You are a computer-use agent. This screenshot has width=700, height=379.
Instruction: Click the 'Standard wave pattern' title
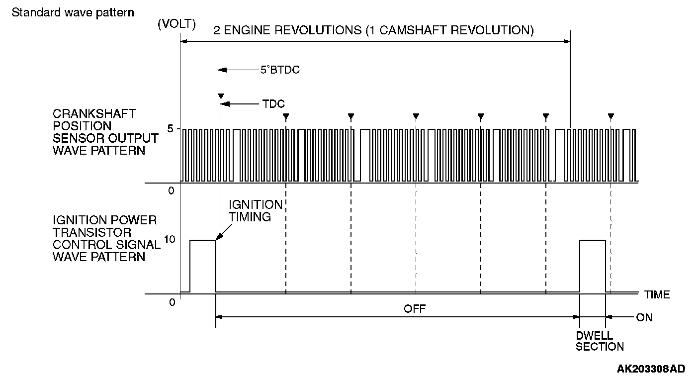click(x=73, y=12)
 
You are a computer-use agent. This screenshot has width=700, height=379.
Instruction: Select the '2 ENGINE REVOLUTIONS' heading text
click(x=373, y=30)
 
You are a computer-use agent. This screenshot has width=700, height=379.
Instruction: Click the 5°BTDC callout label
click(x=280, y=70)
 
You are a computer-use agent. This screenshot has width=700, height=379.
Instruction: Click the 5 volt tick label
click(x=170, y=129)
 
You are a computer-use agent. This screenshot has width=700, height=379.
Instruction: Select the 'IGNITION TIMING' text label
click(x=255, y=211)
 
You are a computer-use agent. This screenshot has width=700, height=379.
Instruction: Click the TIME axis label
click(x=657, y=294)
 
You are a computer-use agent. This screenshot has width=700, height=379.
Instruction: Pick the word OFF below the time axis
click(x=415, y=308)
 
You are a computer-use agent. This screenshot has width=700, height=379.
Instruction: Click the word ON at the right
click(x=644, y=317)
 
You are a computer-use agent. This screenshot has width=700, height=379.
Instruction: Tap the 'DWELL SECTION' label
click(x=600, y=341)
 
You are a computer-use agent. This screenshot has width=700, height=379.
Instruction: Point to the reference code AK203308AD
click(x=651, y=369)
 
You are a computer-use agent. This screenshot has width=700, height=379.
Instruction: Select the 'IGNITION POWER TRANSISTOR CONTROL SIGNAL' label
click(x=106, y=238)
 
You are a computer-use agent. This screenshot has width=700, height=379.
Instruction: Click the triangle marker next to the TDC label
click(x=221, y=95)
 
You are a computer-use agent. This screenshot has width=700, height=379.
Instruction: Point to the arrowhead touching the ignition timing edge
click(x=218, y=238)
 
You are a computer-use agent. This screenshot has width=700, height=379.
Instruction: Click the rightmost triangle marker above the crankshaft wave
click(x=611, y=117)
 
